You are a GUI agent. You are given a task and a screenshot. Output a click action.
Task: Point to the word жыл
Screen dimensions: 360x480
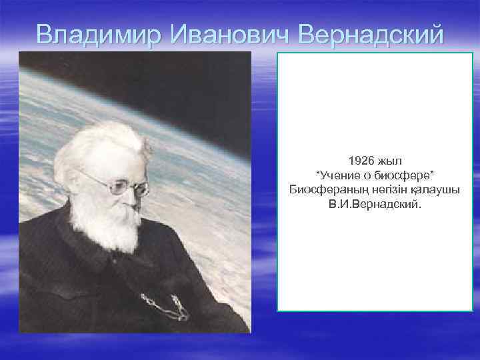(390, 161)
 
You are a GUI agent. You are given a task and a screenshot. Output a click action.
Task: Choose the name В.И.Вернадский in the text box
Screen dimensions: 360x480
(375, 205)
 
